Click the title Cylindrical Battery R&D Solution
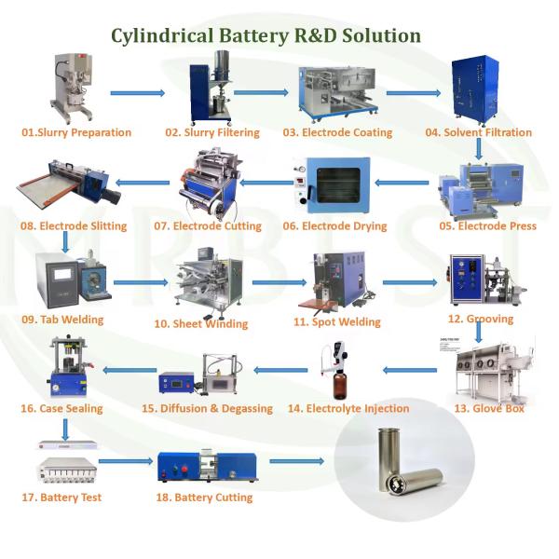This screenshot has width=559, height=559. coord(266,36)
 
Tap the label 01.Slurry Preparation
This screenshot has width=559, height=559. coord(76,132)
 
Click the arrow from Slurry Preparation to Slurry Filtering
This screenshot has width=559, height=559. coord(137,93)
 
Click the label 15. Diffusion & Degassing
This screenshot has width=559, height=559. coord(207,408)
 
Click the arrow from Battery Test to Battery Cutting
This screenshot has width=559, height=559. coord(125,461)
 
